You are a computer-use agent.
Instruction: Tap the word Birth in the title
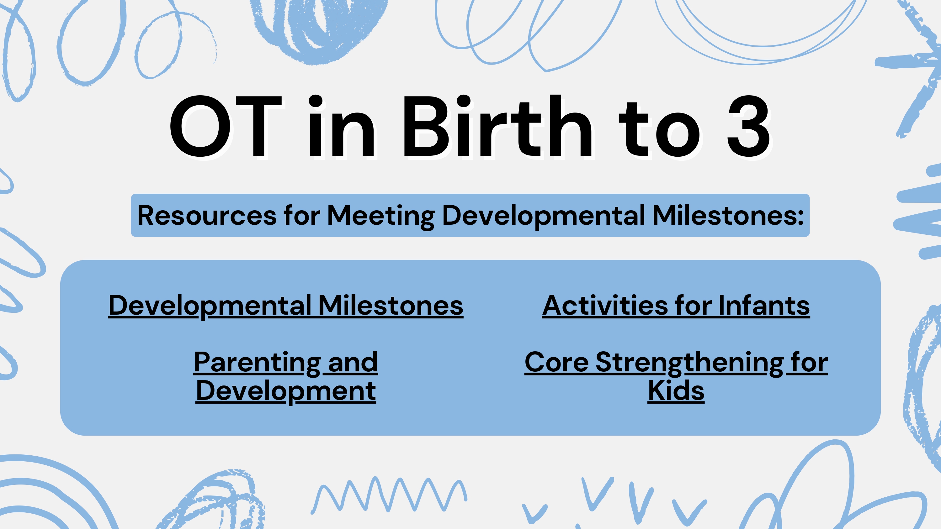point(497,126)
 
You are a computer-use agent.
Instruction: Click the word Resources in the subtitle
point(207,215)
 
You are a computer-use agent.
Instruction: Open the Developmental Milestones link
point(286,306)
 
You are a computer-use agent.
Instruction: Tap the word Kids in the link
point(676,390)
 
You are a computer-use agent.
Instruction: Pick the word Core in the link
point(556,363)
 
